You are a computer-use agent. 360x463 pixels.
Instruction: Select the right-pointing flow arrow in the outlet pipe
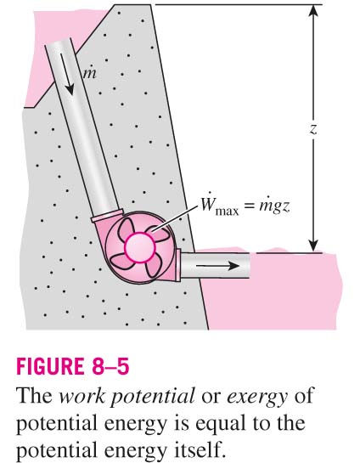pos(217,265)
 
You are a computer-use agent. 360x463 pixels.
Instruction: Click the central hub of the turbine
pos(140,247)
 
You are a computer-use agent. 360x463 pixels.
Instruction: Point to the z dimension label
pos(313,129)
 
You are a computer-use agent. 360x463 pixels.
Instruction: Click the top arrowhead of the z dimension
pos(313,9)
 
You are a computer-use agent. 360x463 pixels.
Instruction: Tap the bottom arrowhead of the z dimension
pos(313,247)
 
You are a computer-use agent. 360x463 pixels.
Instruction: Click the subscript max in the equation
pos(227,212)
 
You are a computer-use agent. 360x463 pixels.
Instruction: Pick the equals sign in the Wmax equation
pos(249,206)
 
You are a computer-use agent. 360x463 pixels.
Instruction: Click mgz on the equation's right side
pos(274,206)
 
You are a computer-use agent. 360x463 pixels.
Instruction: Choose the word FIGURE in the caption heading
pos(49,366)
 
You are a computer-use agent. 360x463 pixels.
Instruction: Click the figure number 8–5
pos(110,366)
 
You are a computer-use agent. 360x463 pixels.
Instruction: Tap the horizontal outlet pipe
pos(215,265)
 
